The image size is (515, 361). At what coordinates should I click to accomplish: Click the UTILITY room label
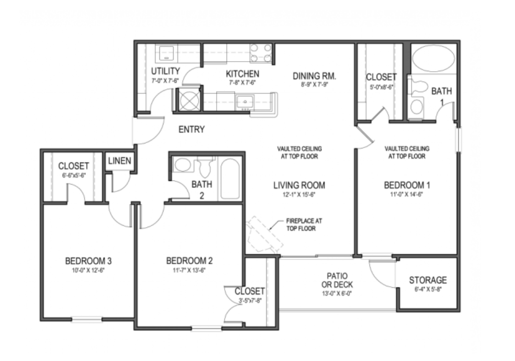coord(165,71)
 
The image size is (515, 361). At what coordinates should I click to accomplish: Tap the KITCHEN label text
coord(243,74)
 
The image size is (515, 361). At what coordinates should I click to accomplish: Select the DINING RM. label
coord(314,77)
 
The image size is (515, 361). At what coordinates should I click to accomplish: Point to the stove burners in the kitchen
coord(261,53)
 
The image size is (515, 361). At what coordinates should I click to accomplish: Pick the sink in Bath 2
coord(183,165)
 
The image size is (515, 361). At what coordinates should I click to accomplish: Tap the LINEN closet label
coord(120,161)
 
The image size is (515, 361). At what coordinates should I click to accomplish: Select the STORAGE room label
coord(427,280)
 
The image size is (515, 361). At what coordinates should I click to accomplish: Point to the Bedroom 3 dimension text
coord(88,270)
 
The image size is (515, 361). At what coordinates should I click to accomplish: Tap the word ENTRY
coord(192,130)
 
